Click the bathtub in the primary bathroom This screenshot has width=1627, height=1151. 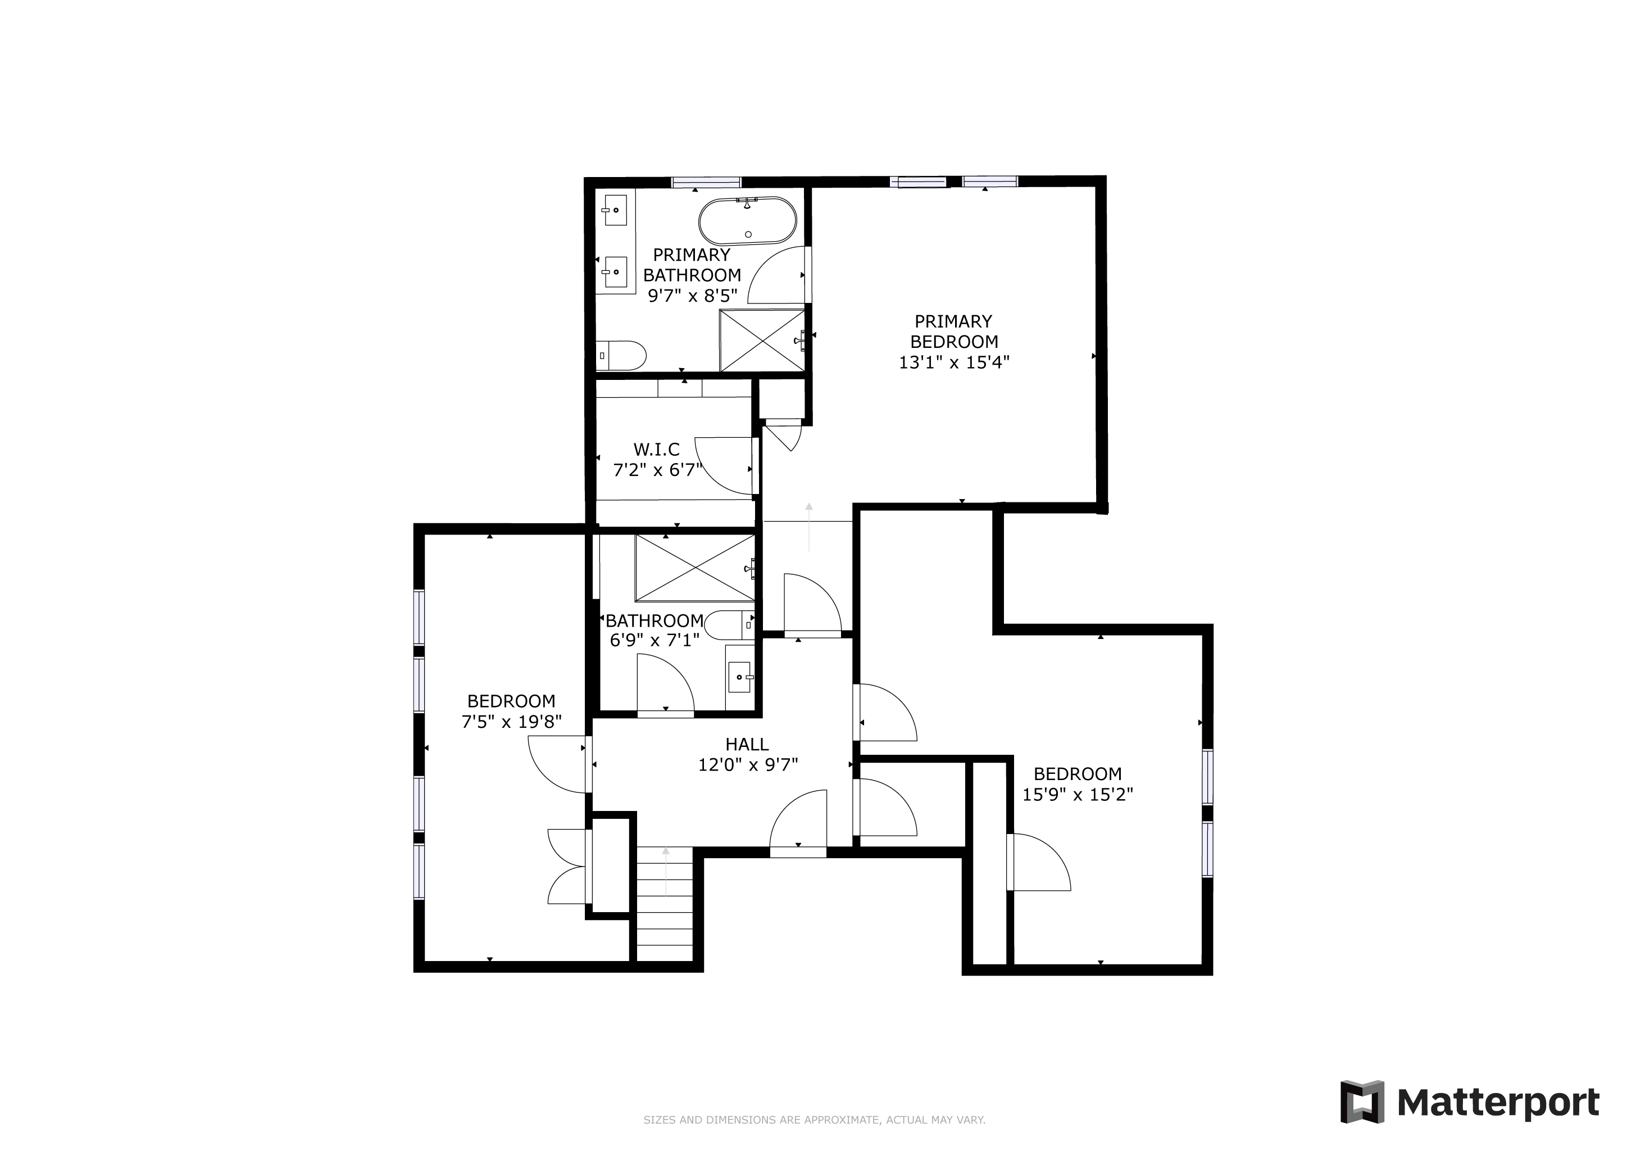click(x=748, y=221)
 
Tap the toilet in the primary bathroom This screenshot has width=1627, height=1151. click(x=621, y=356)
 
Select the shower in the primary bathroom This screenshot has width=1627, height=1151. click(x=763, y=340)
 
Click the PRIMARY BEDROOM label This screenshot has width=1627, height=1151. click(x=954, y=332)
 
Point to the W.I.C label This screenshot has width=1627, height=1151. click(x=656, y=450)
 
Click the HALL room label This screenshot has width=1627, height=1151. click(x=747, y=744)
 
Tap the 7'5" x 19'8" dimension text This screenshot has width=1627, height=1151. click(x=512, y=722)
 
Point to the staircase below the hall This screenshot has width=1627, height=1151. click(x=664, y=904)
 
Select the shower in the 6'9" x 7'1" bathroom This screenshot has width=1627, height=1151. click(x=695, y=568)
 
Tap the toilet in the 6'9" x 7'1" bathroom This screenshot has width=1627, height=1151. click(x=730, y=625)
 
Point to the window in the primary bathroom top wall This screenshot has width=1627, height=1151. click(x=706, y=182)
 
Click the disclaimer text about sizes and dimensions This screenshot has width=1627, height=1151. click(x=814, y=1121)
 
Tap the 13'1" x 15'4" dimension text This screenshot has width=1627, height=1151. click(x=954, y=362)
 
